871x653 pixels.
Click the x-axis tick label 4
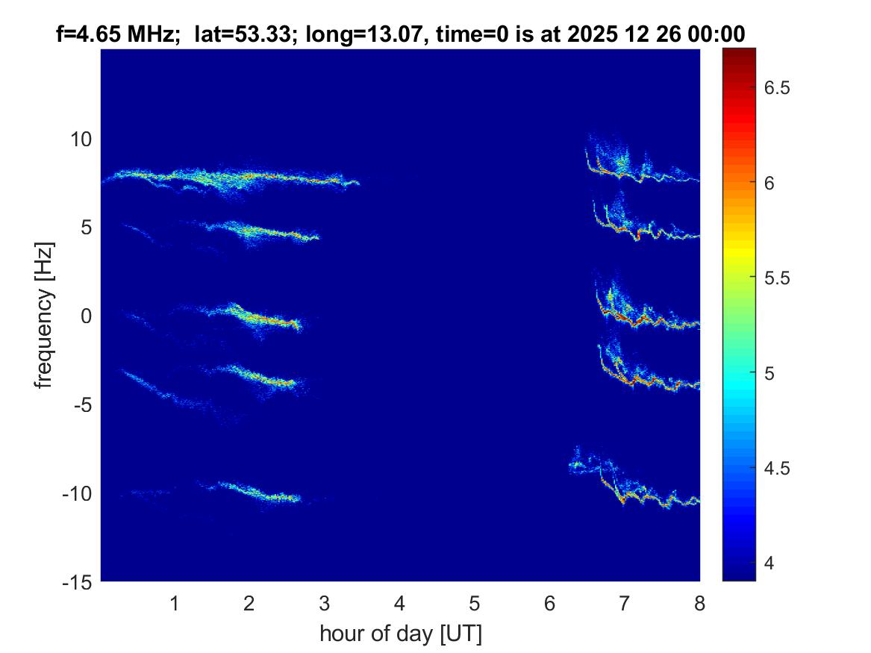pos(399,603)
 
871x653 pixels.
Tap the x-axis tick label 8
pos(699,603)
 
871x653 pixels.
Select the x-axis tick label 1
pos(175,603)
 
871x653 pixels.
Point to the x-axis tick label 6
pos(549,603)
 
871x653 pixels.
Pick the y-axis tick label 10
pos(81,140)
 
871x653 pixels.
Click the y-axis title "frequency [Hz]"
pos(46,316)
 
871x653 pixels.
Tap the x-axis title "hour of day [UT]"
pos(400,634)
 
